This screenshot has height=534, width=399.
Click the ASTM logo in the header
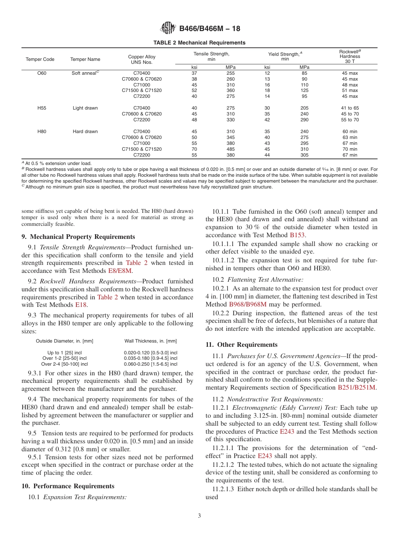168,29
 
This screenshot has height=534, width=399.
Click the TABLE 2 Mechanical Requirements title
199,43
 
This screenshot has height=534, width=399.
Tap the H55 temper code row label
42,108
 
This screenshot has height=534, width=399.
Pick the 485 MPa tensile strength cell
231,149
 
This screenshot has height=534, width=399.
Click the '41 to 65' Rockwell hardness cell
349,108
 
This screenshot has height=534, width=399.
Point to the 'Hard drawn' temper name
85,131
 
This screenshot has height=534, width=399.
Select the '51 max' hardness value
349,90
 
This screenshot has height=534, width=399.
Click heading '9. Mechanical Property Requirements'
79,237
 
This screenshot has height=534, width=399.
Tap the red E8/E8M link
120,271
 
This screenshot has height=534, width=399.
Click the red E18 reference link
81,305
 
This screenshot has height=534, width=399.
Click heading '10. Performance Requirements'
68,486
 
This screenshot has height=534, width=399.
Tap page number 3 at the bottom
199,516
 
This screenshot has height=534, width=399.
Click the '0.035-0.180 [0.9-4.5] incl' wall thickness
151,359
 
